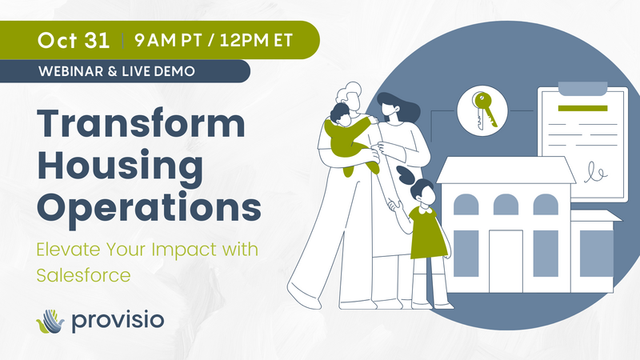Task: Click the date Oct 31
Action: (73, 38)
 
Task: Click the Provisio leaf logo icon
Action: (50, 321)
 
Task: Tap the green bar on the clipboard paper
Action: (582, 108)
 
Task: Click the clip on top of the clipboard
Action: (582, 86)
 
